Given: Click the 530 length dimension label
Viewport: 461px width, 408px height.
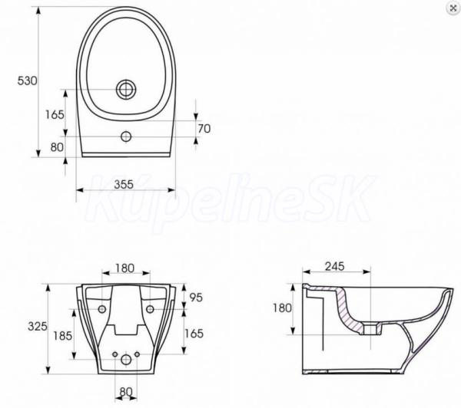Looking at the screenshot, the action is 28,81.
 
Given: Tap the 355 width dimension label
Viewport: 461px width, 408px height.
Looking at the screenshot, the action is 124,184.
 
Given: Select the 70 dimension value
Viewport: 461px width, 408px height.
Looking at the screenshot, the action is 204,129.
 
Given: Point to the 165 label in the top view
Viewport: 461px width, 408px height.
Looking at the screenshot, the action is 55,114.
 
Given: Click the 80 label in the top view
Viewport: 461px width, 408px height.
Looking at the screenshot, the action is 57,147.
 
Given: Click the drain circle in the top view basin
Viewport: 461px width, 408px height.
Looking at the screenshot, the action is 126,89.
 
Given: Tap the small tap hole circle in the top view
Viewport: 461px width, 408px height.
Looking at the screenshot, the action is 126,137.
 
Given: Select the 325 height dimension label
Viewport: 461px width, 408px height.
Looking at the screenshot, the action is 38,326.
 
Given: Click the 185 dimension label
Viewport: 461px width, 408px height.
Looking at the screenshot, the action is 63,336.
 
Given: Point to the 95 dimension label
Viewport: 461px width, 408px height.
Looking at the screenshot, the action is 196,298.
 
